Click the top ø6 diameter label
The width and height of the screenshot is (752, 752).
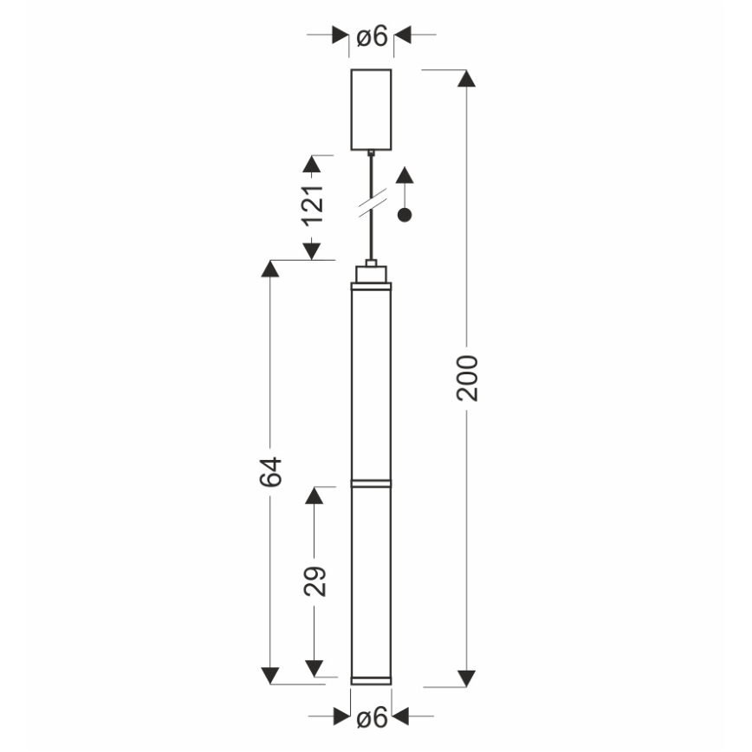371,36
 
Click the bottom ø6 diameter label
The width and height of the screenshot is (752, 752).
371,717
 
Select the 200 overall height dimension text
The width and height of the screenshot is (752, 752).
467,377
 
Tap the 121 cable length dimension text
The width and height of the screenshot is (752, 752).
313,204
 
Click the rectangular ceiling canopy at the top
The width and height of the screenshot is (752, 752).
371,109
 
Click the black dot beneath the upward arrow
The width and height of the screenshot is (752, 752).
404,215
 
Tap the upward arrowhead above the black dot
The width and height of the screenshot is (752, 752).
404,175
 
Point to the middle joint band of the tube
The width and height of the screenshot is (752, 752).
371,482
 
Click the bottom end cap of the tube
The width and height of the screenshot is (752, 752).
371,678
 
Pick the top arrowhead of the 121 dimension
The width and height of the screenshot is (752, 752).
313,165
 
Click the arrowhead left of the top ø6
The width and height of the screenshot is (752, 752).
340,36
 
